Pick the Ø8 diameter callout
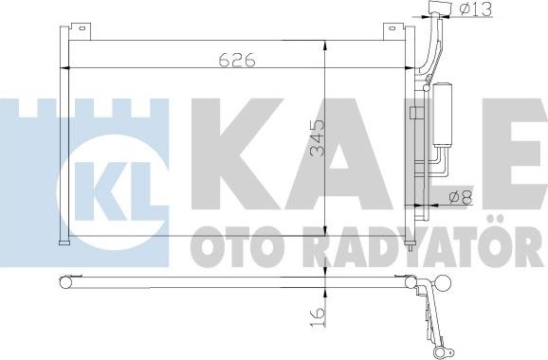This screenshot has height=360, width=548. [463, 198]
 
